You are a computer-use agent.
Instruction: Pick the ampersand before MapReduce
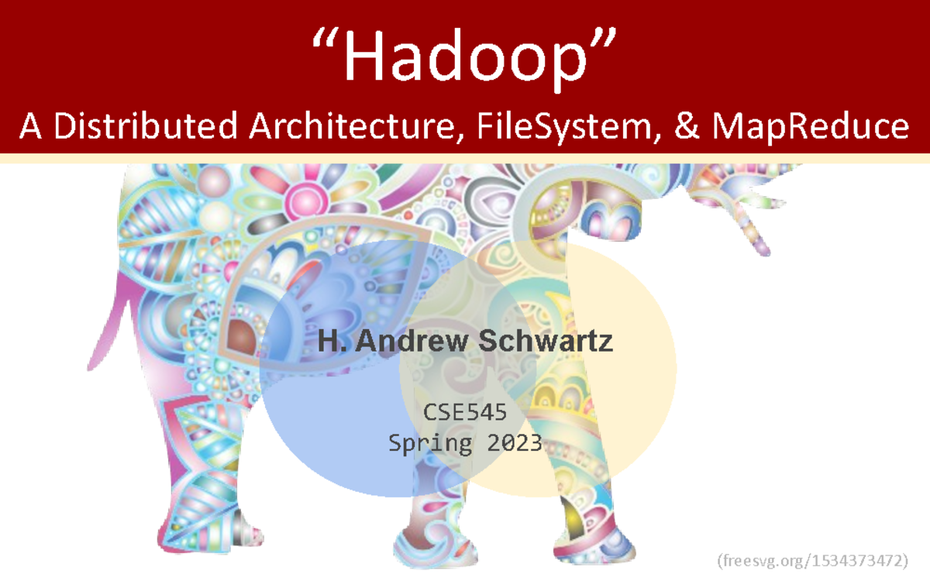click(x=687, y=125)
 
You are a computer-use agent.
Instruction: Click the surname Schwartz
click(x=547, y=341)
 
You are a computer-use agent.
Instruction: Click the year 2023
click(x=515, y=443)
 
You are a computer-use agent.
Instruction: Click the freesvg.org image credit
click(x=813, y=560)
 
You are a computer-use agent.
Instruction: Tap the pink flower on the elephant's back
click(x=303, y=194)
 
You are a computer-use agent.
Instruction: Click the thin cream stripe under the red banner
click(x=465, y=158)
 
